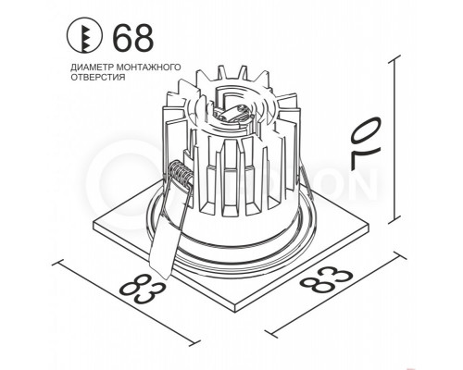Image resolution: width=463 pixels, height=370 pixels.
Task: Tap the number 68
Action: coord(131,40)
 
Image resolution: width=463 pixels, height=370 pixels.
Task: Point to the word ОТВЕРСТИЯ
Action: coord(95,79)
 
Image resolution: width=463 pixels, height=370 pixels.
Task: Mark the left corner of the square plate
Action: coord(99,223)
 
